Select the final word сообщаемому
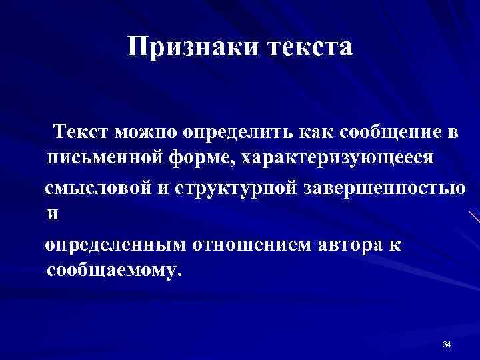point(114,271)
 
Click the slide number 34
point(447,344)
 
